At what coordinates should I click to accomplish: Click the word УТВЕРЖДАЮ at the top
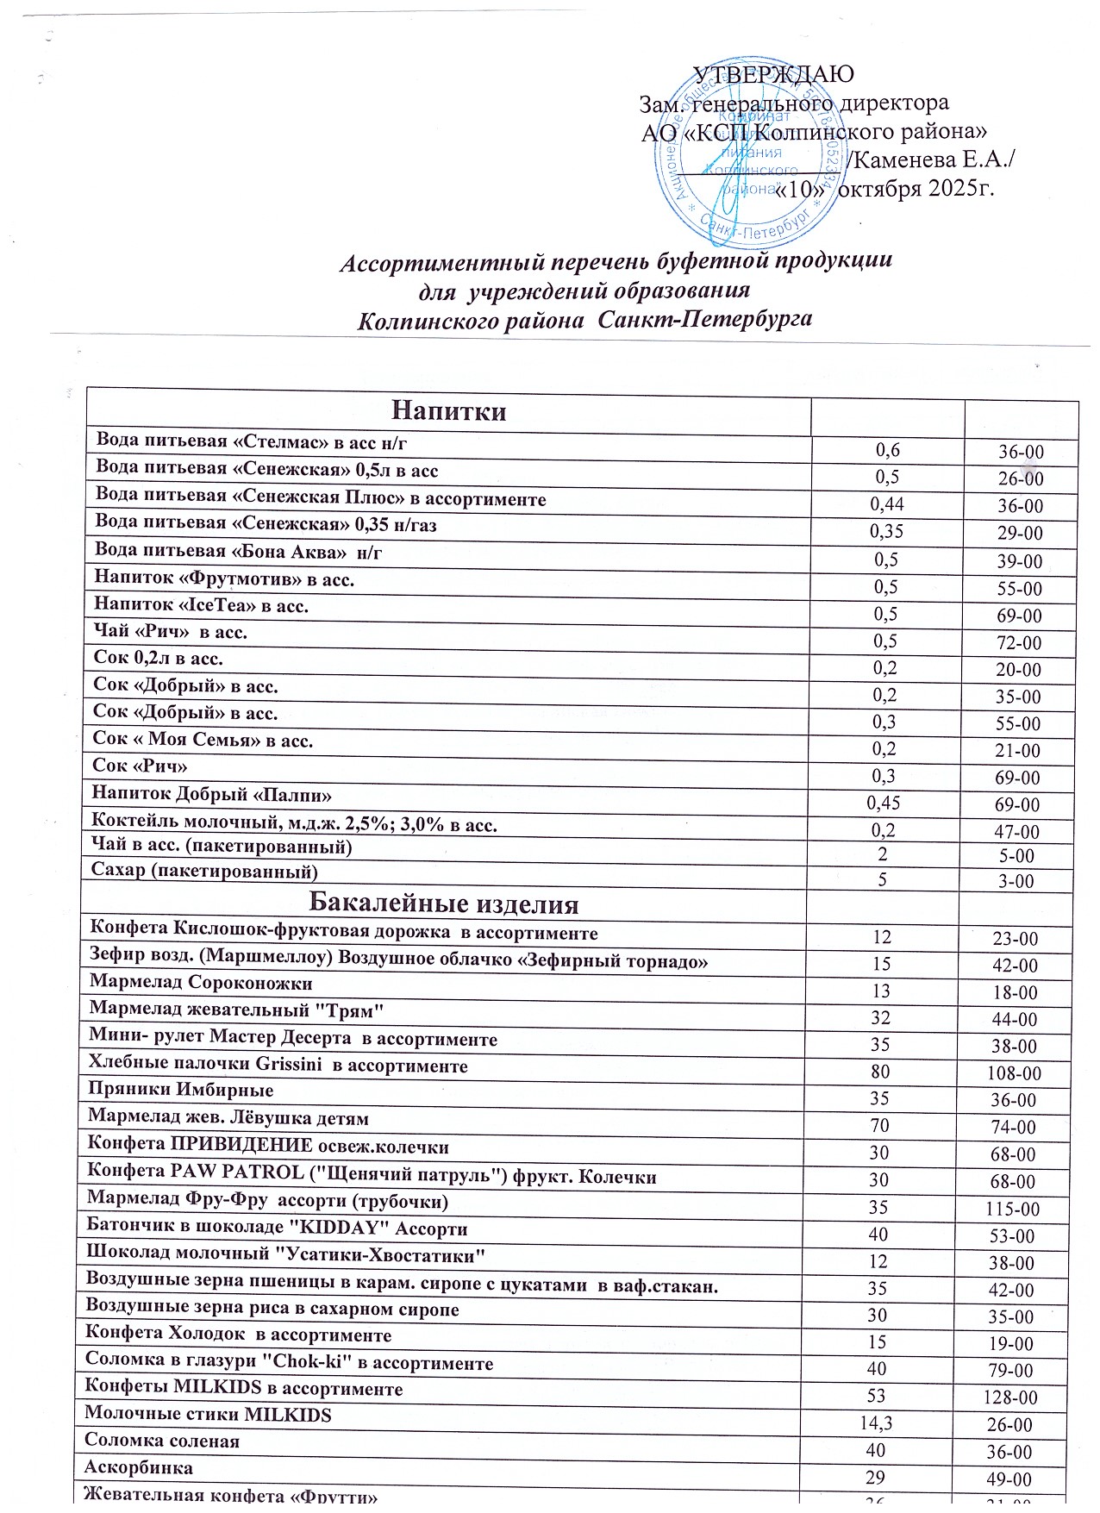pyautogui.click(x=773, y=74)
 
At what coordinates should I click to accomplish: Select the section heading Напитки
pyautogui.click(x=448, y=411)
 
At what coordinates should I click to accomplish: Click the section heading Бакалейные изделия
pyautogui.click(x=443, y=904)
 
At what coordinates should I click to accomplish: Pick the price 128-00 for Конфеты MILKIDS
pyautogui.click(x=1011, y=1398)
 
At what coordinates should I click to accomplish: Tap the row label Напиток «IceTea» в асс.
pyautogui.click(x=201, y=606)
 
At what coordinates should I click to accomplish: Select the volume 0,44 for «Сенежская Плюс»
pyautogui.click(x=887, y=503)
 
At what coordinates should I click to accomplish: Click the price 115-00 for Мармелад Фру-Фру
pyautogui.click(x=1013, y=1210)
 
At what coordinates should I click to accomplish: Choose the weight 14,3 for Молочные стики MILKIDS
pyautogui.click(x=876, y=1423)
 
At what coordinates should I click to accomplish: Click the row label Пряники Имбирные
pyautogui.click(x=181, y=1091)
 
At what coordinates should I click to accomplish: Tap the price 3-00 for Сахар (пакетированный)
pyautogui.click(x=1016, y=882)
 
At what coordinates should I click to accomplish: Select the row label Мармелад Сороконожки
pyautogui.click(x=201, y=984)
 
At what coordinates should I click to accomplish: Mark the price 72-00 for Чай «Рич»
pyautogui.click(x=1019, y=643)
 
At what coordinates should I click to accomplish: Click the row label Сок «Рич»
pyautogui.click(x=140, y=766)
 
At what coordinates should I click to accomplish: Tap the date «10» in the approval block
pyautogui.click(x=802, y=190)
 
